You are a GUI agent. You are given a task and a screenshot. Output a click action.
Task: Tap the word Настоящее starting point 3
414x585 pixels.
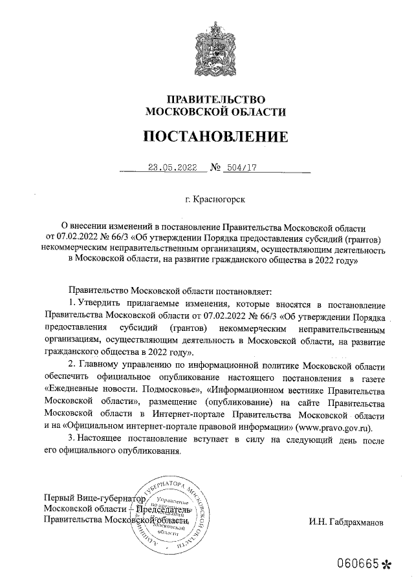(101, 440)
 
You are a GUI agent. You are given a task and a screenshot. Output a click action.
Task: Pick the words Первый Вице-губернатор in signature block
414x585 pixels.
(91, 498)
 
